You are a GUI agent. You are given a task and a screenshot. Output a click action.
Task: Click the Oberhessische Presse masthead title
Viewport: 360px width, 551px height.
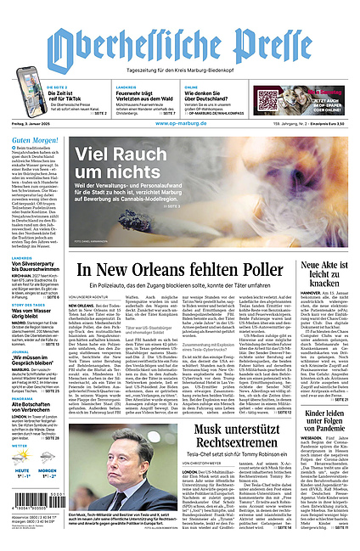coord(179,42)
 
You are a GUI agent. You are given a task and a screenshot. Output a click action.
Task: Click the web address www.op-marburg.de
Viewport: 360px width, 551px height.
coord(180,125)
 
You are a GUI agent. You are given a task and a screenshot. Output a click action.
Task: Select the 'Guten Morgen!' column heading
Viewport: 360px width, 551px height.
coord(34,138)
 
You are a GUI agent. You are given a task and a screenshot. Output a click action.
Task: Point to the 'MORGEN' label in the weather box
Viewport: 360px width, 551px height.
coord(48,469)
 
